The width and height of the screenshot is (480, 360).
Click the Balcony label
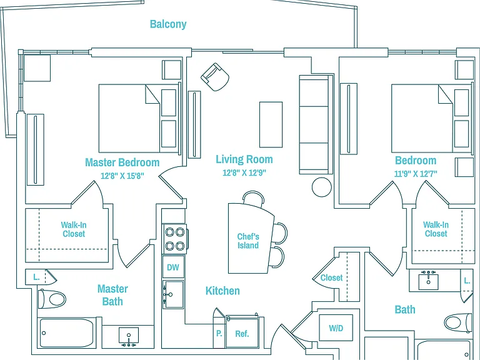168,24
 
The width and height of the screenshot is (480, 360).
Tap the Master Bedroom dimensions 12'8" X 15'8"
122,176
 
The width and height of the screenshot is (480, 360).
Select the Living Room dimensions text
244,172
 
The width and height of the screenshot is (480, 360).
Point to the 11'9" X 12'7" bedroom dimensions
416,174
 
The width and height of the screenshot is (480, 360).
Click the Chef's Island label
248,241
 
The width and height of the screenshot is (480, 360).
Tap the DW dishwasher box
173,267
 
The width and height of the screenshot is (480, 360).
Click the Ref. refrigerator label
242,334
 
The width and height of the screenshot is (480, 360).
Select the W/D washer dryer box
336,328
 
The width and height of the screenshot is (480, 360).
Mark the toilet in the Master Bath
52,299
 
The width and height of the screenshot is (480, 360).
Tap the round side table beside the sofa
322,187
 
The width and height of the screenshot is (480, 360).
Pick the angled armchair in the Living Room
215,77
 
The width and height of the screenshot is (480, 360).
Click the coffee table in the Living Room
271,124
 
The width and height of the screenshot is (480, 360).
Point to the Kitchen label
222,291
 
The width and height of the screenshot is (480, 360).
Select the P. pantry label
219,333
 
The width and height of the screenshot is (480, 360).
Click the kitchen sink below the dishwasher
173,295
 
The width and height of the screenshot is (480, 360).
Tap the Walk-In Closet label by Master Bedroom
74,229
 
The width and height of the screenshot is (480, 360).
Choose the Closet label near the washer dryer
331,277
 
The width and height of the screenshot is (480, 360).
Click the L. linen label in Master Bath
36,277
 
